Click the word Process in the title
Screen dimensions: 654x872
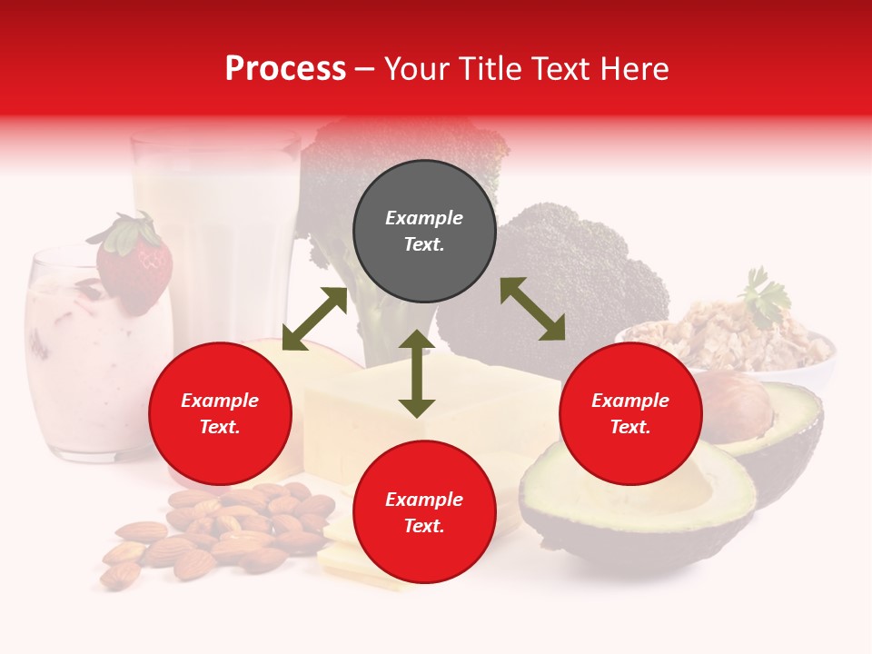coord(285,69)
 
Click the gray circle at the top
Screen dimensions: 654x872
coord(424,232)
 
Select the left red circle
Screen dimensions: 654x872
coord(220,414)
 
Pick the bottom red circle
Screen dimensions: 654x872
coord(424,513)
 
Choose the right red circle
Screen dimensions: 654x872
coord(630,414)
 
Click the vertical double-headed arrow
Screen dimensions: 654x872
coord(417,374)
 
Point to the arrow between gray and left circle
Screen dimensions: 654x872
coord(314,319)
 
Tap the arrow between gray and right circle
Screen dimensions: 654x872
coord(532,310)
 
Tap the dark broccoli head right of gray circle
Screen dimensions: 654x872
coord(563,272)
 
